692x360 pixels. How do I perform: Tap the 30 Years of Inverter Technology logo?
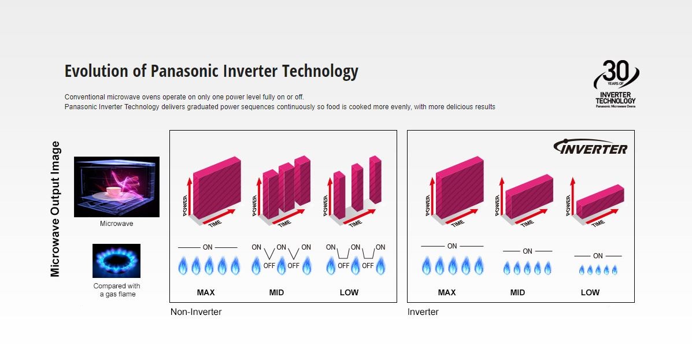tap(616, 84)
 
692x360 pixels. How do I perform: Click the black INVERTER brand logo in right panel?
tap(590, 147)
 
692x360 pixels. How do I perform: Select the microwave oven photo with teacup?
tap(117, 187)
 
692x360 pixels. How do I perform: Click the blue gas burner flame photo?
tap(117, 261)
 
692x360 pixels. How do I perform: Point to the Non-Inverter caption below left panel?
tap(196, 312)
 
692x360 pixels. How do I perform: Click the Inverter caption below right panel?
tap(423, 312)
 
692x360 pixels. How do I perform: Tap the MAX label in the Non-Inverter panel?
tap(206, 292)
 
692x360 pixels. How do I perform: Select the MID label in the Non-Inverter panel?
tap(277, 292)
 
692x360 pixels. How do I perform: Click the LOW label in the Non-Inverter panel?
tap(349, 292)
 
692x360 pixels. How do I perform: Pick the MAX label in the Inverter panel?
tap(447, 292)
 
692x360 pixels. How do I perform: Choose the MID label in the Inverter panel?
tap(517, 292)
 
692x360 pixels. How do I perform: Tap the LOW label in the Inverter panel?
tap(590, 292)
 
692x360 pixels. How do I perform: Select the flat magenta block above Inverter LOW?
tap(601, 202)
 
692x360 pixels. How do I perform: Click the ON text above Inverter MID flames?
tap(527, 251)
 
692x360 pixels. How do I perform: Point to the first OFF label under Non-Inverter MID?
tap(269, 266)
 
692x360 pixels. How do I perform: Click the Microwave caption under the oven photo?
tap(117, 224)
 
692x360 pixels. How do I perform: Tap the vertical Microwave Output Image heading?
tap(55, 209)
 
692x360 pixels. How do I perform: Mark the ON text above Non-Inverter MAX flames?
tap(208, 247)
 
